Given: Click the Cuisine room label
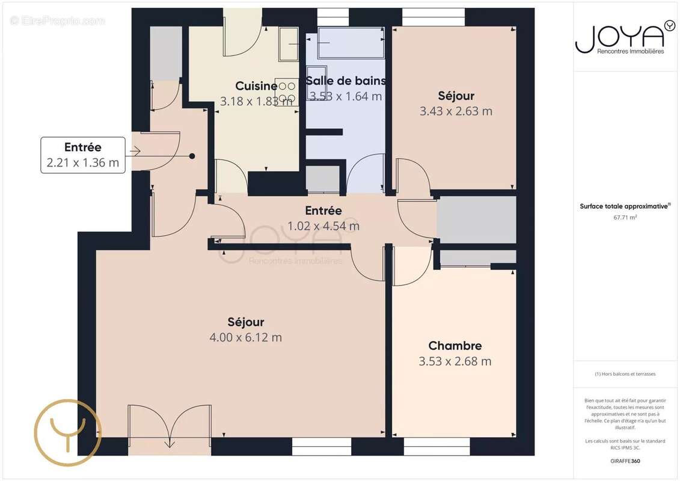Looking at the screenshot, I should [x=256, y=86].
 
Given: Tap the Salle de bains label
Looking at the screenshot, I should [x=346, y=81].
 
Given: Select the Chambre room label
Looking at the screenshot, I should [x=455, y=346].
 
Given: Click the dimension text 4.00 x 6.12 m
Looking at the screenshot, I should [x=245, y=337].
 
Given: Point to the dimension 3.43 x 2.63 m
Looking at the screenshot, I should [x=456, y=111].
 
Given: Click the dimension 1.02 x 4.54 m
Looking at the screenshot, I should [x=323, y=226].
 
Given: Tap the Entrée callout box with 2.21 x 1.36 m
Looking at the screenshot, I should [x=83, y=155].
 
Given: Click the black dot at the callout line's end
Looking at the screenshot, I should [x=192, y=156].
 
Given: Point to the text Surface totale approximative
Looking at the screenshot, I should [x=625, y=206].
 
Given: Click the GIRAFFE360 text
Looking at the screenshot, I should [x=625, y=461].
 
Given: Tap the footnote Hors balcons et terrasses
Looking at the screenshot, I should [x=625, y=374].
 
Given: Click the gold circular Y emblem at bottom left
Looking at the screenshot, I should [x=67, y=432].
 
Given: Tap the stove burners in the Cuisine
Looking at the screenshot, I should [x=286, y=92].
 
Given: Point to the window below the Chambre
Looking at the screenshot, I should [x=436, y=446].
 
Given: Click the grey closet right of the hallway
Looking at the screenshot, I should [x=476, y=219].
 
